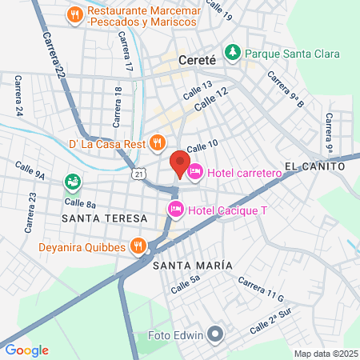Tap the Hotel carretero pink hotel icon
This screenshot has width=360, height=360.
tap(194, 171)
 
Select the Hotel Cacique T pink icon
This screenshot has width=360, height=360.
tap(175, 210)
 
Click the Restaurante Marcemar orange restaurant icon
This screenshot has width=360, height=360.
tap(74, 14)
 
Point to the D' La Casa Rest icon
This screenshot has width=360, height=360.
tap(158, 143)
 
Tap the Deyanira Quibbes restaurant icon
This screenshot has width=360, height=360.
tap(139, 246)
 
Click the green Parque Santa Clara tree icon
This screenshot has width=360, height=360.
tap(233, 53)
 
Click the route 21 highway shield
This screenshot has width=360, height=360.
tap(140, 173)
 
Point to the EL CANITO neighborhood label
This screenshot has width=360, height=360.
tap(313, 166)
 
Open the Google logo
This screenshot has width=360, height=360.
tap(26, 350)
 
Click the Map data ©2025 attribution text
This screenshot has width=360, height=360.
tap(324, 353)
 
